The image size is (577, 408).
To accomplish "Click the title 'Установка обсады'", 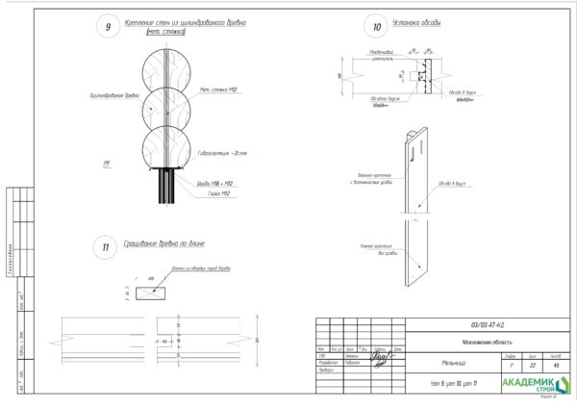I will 420,22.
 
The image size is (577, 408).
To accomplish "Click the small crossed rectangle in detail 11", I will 153,288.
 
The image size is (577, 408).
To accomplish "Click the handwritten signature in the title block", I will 382,358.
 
